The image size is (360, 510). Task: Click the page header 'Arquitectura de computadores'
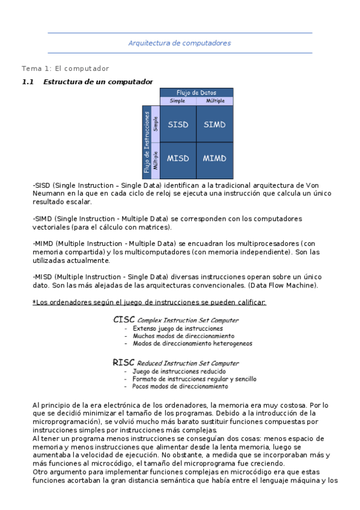click(x=179, y=43)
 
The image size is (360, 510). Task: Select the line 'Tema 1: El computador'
click(x=66, y=69)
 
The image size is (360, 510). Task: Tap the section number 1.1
click(x=29, y=82)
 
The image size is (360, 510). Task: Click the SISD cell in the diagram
click(x=178, y=124)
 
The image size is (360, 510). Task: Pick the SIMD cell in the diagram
click(x=215, y=124)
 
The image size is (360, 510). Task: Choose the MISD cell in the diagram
click(x=178, y=159)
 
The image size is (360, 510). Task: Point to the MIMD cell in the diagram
click(x=215, y=159)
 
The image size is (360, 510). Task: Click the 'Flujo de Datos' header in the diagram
click(x=196, y=93)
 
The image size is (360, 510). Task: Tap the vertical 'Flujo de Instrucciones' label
click(x=146, y=142)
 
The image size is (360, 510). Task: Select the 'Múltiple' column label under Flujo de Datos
click(x=215, y=101)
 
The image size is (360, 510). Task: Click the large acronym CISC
click(x=124, y=320)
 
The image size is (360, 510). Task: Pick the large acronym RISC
click(x=123, y=363)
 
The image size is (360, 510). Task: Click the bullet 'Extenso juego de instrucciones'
click(x=170, y=329)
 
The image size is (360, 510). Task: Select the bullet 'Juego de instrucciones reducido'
click(x=172, y=372)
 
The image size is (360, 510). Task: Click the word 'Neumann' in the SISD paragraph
click(x=48, y=195)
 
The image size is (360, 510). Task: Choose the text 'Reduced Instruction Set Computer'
click(x=188, y=363)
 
